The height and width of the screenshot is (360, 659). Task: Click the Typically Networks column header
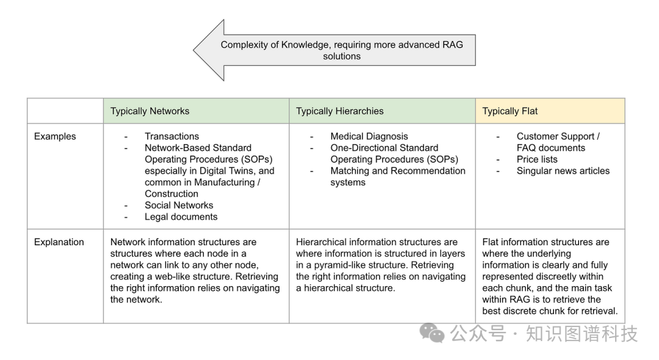pyautogui.click(x=149, y=111)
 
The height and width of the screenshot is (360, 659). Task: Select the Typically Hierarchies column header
pyautogui.click(x=339, y=111)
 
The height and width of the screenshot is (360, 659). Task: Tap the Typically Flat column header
pyautogui.click(x=510, y=111)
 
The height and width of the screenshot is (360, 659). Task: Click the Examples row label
pyautogui.click(x=55, y=137)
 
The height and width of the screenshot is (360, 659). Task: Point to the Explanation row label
pyautogui.click(x=59, y=242)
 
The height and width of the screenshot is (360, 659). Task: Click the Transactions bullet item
pyautogui.click(x=171, y=137)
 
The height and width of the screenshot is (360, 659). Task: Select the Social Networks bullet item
pyautogui.click(x=179, y=205)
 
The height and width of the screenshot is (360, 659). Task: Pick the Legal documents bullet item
pyautogui.click(x=181, y=217)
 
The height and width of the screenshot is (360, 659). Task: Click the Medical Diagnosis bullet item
pyautogui.click(x=369, y=137)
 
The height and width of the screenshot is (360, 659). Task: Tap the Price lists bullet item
pyautogui.click(x=537, y=159)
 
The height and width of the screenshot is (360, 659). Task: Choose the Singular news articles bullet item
pyautogui.click(x=563, y=171)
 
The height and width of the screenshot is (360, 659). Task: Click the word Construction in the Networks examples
pyautogui.click(x=171, y=193)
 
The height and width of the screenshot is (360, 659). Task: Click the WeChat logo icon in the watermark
pyautogui.click(x=433, y=333)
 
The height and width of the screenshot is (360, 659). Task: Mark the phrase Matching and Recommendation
pyautogui.click(x=397, y=171)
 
